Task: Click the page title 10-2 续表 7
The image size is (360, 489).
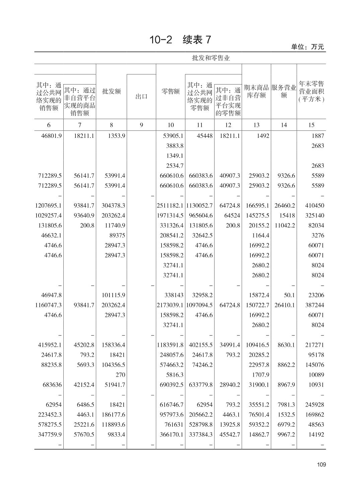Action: (x=180, y=40)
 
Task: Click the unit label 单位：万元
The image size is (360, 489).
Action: (x=307, y=47)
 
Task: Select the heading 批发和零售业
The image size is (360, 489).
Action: (x=211, y=58)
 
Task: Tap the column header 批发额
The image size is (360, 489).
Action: (x=111, y=92)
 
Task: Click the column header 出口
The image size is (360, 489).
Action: (x=141, y=97)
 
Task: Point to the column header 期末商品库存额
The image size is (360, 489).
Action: (x=256, y=92)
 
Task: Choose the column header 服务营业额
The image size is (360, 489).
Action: (x=284, y=92)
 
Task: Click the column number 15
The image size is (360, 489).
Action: (x=311, y=125)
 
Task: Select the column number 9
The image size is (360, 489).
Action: (x=141, y=125)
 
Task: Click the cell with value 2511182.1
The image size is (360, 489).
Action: (x=170, y=206)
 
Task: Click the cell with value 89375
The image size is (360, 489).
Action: (x=117, y=235)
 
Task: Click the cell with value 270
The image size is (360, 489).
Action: (x=120, y=375)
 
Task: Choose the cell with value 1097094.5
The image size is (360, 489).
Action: (x=200, y=305)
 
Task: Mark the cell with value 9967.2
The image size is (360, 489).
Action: (x=286, y=434)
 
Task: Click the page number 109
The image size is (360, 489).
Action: (x=321, y=465)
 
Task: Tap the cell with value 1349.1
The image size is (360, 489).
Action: (x=175, y=156)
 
